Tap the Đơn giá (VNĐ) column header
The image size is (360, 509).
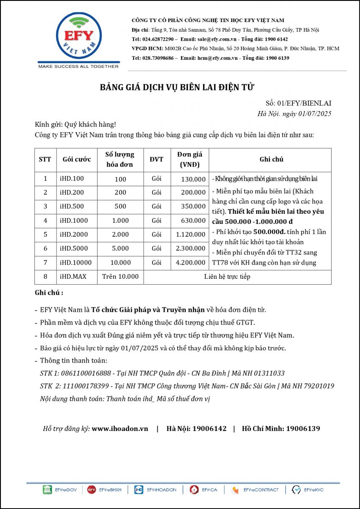point(189,159)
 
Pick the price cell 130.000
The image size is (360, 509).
point(193,179)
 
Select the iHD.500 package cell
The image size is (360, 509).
point(72,207)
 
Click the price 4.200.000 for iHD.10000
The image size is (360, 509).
point(191,263)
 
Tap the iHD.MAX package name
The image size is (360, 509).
point(73,277)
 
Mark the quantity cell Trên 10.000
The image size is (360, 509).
point(120,277)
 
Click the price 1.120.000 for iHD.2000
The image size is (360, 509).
point(191,235)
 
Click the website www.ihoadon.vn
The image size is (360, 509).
point(120,428)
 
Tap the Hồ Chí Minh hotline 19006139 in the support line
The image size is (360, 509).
point(303,428)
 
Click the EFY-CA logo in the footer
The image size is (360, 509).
point(204,490)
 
